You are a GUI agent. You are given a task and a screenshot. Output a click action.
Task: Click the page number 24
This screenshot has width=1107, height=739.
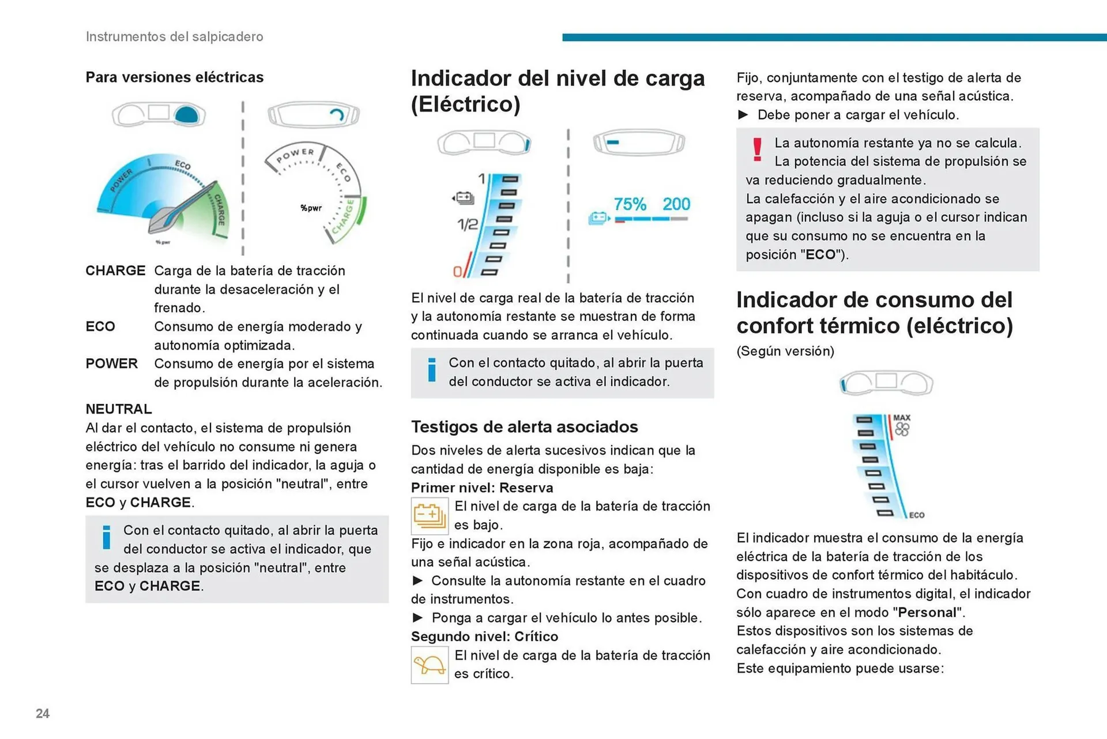pos(43,713)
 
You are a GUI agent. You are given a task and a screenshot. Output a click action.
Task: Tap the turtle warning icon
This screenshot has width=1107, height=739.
pos(430,665)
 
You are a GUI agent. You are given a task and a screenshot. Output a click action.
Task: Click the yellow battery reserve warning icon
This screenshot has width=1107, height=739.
pos(430,516)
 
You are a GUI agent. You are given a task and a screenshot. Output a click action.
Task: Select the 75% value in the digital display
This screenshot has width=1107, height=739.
pos(630,204)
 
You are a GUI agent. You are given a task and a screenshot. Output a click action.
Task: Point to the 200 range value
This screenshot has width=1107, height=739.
pos(676,204)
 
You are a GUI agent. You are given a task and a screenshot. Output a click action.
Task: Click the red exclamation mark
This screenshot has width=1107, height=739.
pos(757,149)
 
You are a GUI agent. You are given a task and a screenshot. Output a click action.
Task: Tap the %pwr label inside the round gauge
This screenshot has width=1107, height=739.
pos(311,208)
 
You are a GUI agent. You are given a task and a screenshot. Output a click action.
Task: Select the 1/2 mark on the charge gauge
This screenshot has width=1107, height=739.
pos(468,224)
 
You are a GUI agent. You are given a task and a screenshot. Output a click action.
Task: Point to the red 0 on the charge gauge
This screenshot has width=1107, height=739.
pos(457,271)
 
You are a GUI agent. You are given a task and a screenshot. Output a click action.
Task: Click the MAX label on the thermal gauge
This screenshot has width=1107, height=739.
pos(902,418)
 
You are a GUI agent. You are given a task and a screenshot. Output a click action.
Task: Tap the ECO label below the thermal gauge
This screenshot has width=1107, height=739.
pos(917,515)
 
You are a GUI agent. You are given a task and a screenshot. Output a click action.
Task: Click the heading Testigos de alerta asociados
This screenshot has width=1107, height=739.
pos(524,427)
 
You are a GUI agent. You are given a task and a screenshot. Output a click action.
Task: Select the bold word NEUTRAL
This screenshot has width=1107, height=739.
pos(119,409)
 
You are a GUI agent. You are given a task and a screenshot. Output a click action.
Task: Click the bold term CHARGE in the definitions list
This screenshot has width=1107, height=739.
pos(115,271)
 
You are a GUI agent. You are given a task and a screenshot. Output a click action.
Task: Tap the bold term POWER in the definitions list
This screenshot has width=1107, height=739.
pos(112,363)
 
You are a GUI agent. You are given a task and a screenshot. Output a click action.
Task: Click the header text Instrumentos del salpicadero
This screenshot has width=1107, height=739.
pos(174,36)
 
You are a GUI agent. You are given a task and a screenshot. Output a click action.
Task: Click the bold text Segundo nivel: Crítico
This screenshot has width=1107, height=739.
pos(484,636)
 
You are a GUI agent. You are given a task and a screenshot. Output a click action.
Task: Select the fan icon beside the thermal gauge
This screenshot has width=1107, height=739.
pos(902,430)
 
